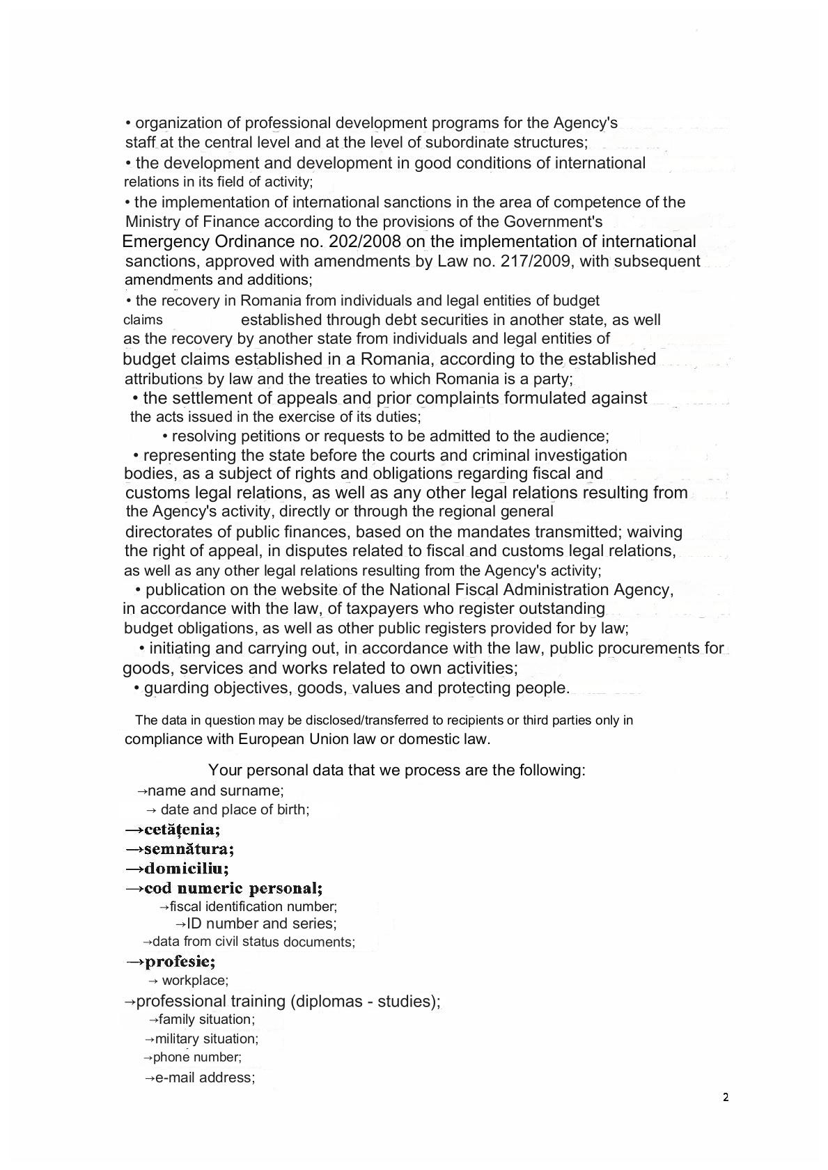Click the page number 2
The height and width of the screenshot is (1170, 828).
pos(726,1098)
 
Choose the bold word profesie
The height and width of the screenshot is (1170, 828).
pos(180,962)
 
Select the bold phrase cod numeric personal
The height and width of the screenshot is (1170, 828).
pos(233,888)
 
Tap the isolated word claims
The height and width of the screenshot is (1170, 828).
pos(143,320)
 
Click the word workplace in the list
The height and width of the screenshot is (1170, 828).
pos(194,981)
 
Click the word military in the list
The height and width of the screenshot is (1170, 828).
pos(177,1038)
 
